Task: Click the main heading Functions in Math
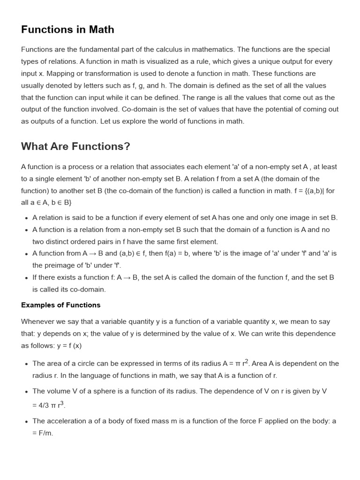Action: coord(67,30)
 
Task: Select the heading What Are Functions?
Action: coord(75,146)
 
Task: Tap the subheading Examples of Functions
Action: coord(60,305)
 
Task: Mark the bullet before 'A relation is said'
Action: coord(25,218)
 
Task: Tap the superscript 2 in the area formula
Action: coord(247,361)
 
